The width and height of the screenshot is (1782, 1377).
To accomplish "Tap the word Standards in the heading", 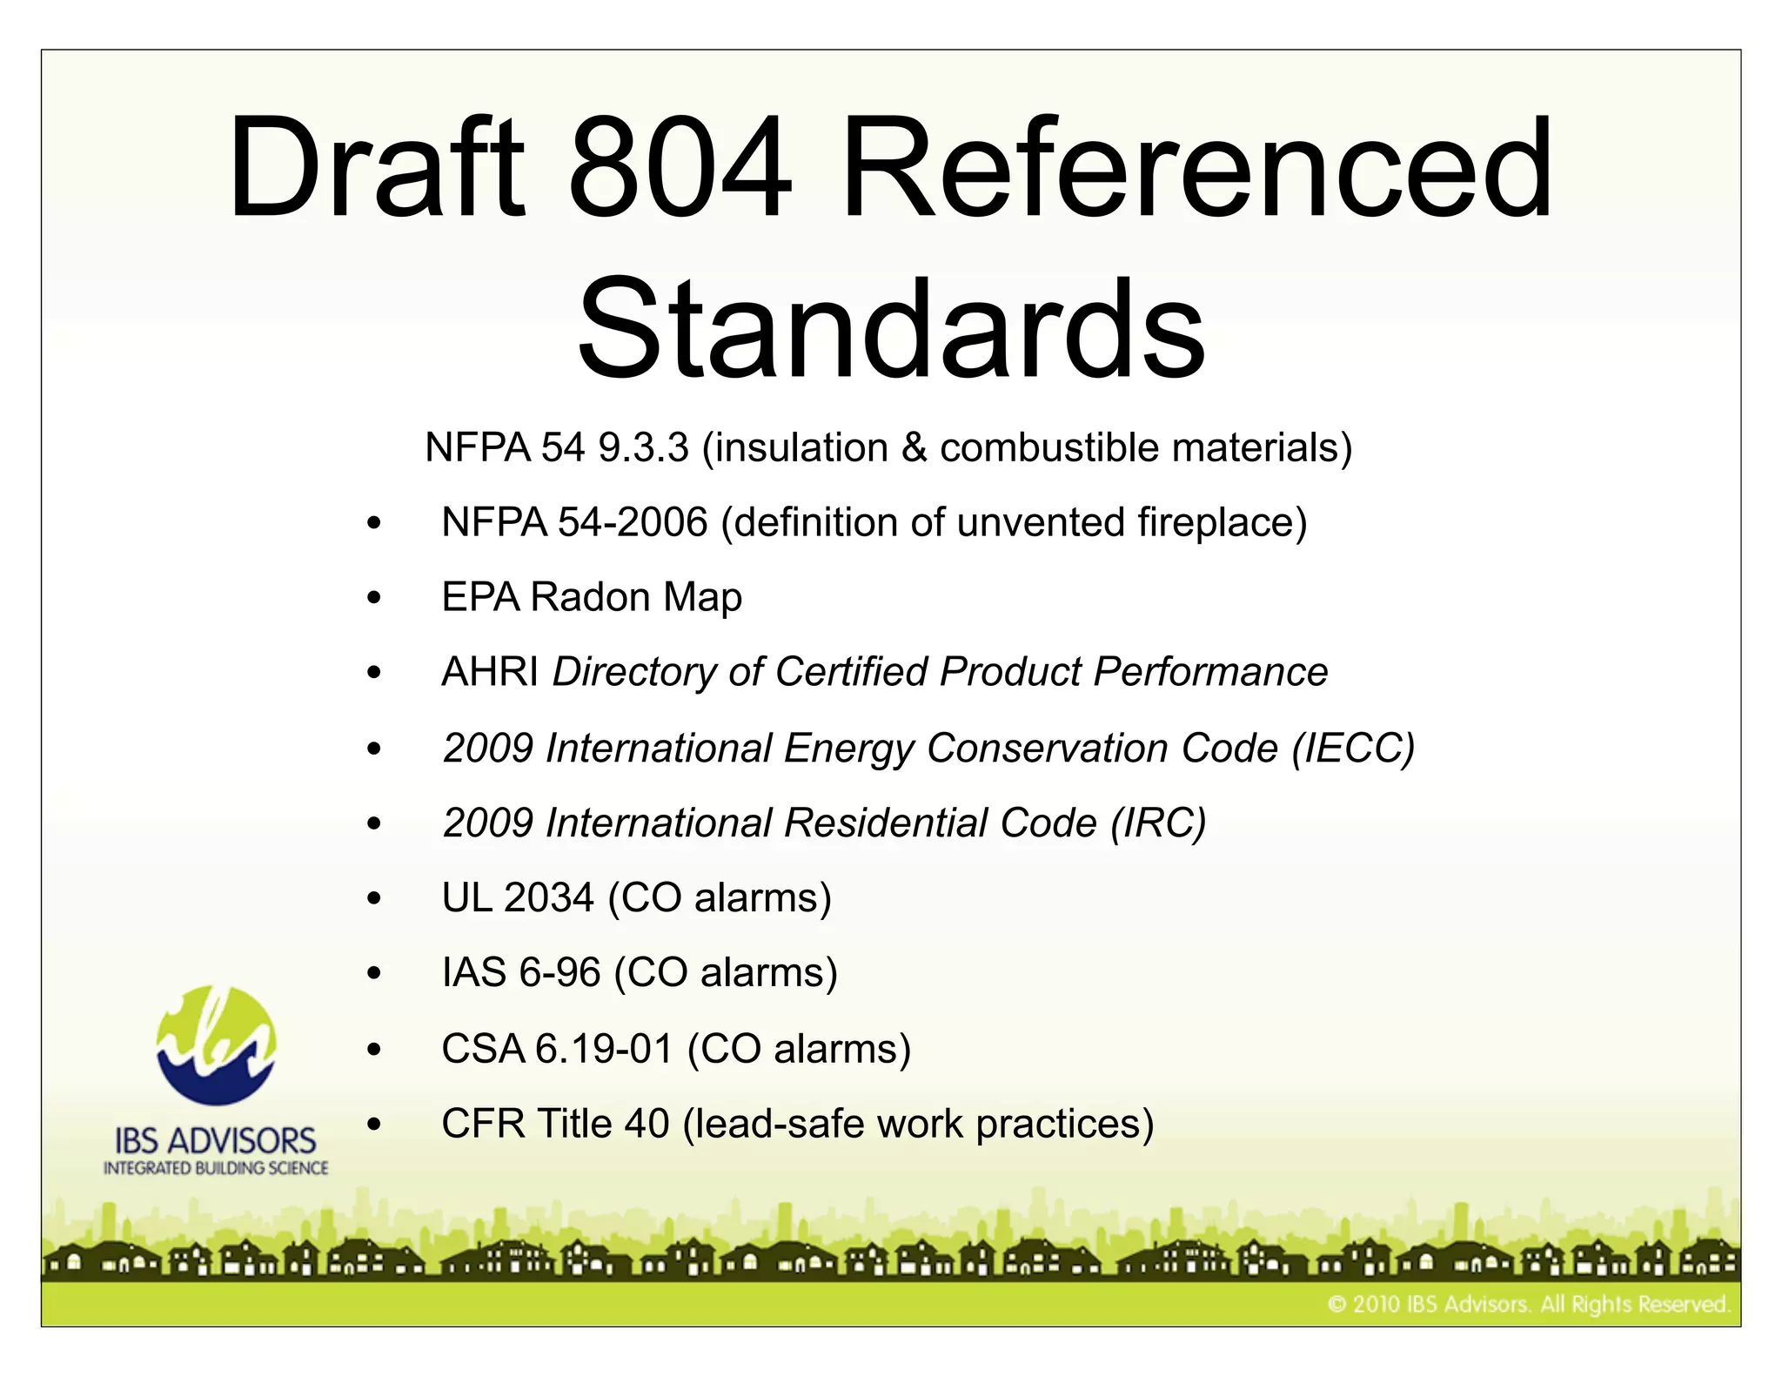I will click(x=891, y=329).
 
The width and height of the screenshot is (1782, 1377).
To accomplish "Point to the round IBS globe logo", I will click(x=216, y=1045).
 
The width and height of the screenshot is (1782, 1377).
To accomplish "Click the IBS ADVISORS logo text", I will click(x=216, y=1140).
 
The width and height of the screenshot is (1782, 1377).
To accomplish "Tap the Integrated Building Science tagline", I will click(x=216, y=1168).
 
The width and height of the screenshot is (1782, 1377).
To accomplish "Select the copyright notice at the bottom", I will click(x=1528, y=1304).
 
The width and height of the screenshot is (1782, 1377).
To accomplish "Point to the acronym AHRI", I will click(x=490, y=672).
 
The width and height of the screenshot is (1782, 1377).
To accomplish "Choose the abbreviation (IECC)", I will click(x=1353, y=748).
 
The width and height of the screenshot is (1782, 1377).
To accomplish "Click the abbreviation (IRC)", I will click(x=1158, y=823).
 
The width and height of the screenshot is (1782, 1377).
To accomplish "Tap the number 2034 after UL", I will click(x=548, y=897).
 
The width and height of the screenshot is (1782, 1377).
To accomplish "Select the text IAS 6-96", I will click(x=521, y=972).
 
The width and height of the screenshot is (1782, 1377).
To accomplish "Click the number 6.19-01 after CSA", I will click(x=604, y=1048).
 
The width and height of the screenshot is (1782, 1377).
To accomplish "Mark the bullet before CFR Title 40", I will click(x=374, y=1125).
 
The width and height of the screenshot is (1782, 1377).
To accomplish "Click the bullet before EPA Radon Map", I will click(x=374, y=598).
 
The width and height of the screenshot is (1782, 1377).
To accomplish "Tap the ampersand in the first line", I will click(x=914, y=447).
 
